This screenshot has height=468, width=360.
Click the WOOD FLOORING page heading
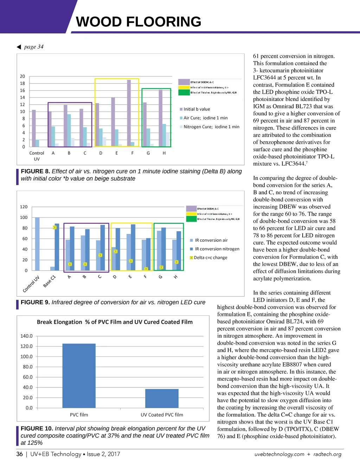[139, 22]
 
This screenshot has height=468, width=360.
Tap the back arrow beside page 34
[19, 47]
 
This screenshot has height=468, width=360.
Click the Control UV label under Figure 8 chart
[37, 156]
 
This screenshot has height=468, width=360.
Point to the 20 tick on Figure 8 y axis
[22, 76]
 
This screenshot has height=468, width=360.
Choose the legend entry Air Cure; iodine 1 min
[205, 118]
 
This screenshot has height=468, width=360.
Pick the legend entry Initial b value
[197, 109]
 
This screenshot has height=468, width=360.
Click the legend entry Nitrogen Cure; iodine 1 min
[211, 127]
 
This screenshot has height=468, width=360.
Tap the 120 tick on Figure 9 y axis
[24, 207]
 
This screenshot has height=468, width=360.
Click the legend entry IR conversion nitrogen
[217, 249]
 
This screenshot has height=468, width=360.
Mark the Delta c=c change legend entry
[210, 258]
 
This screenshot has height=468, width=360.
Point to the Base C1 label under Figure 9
[50, 281]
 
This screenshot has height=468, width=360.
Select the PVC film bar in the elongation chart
[79, 375]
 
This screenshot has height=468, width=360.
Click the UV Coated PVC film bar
[162, 398]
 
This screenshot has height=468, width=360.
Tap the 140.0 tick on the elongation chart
[26, 336]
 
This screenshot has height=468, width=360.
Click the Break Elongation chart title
[115, 322]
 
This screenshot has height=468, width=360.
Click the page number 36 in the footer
[20, 454]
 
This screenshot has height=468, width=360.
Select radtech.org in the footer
[327, 454]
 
